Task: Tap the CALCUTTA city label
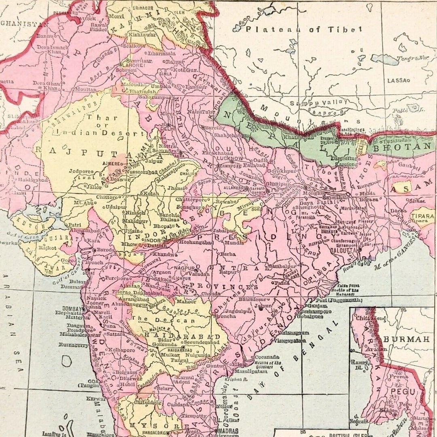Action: coord(346,250)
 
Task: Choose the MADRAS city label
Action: coord(229,431)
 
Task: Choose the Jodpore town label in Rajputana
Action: coord(81,171)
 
